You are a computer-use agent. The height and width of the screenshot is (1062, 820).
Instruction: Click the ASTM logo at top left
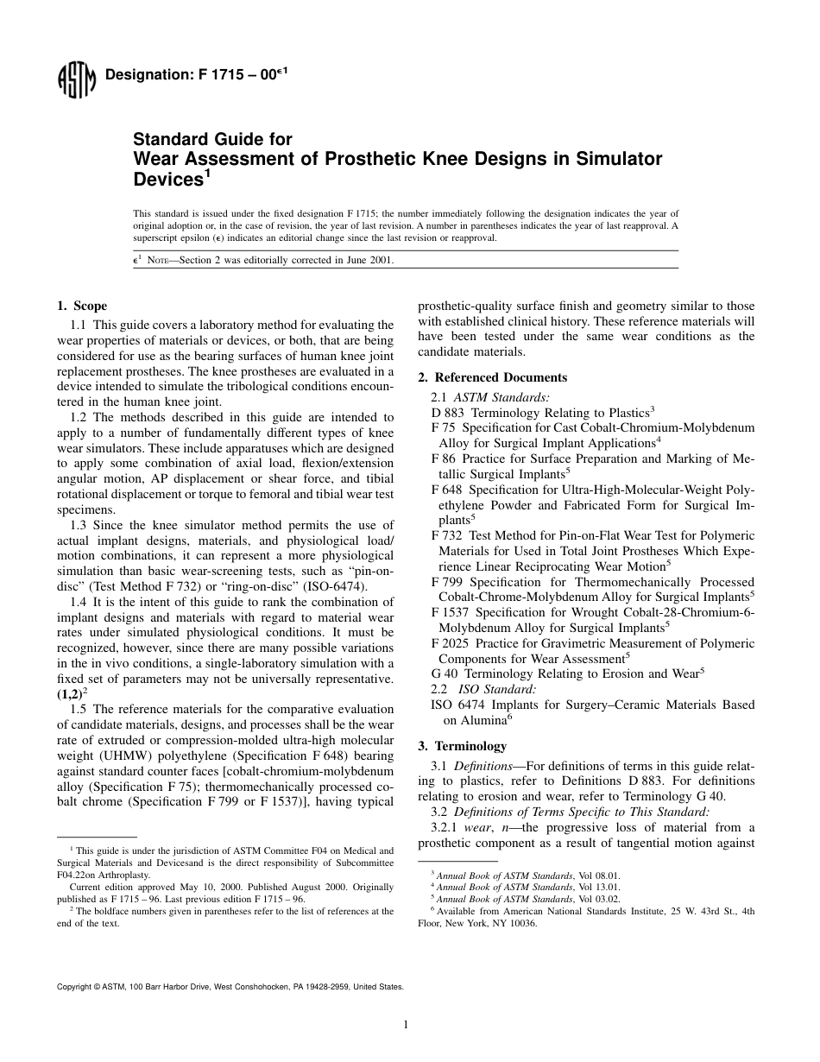pos(75,81)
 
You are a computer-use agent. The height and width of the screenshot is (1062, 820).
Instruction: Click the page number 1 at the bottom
pos(406,1025)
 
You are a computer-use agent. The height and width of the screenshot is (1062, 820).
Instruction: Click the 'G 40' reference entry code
pos(445,673)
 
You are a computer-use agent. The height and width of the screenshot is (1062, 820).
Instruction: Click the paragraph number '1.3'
pos(79,525)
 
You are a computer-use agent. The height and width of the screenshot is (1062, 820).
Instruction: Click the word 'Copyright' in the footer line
pos(73,985)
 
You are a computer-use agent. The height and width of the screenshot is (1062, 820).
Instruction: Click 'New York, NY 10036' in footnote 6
pos(489,923)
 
